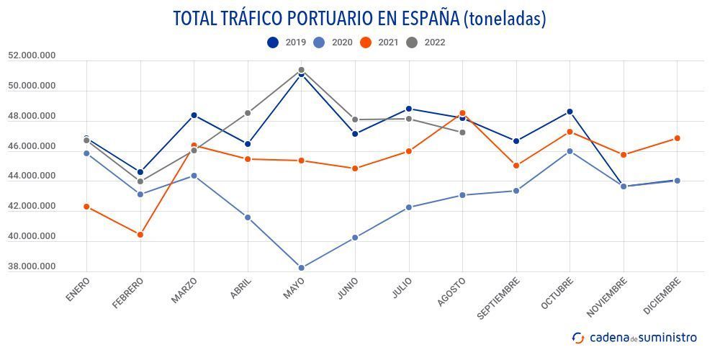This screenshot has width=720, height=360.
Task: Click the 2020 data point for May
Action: tap(302, 268)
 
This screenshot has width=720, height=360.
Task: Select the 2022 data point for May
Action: tap(302, 70)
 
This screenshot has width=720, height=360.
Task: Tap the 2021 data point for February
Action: tap(140, 235)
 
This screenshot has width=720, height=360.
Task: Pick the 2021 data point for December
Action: tap(677, 138)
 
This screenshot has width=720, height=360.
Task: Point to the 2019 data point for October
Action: tap(570, 112)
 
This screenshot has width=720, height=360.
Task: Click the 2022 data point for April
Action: tap(248, 113)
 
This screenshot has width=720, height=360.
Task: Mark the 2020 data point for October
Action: tap(570, 151)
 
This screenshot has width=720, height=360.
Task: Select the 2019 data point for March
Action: tap(194, 115)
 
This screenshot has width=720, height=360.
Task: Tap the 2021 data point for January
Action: tap(86, 207)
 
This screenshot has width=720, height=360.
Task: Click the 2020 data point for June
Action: tap(355, 238)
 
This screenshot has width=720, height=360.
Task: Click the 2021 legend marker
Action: tap(366, 42)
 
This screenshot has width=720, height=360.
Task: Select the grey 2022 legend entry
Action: tap(426, 42)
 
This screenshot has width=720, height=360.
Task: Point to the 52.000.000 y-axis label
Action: tap(32, 55)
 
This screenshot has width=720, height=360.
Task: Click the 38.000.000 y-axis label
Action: tap(32, 267)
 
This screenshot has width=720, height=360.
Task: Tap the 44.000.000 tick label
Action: tap(32, 176)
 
